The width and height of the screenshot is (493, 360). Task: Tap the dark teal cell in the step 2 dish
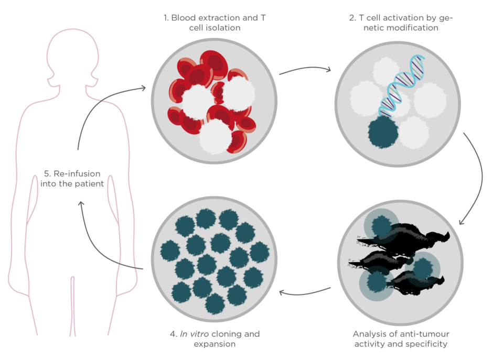[383, 133]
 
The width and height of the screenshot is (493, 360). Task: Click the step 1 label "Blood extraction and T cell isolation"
[214, 23]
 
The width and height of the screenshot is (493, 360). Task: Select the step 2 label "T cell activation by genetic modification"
[401, 23]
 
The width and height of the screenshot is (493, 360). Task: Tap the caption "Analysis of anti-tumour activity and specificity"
[401, 339]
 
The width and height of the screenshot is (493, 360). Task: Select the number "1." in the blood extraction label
[166, 18]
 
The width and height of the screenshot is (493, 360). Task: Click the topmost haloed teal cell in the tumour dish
[381, 226]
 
